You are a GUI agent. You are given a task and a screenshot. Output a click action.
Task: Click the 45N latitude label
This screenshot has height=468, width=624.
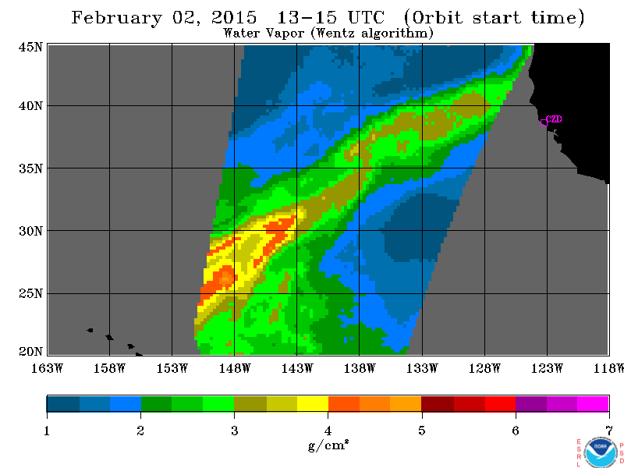click(30, 48)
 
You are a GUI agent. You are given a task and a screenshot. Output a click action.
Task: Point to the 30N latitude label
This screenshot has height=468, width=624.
click(30, 231)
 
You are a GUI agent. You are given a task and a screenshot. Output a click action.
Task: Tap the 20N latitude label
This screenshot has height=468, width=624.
click(30, 352)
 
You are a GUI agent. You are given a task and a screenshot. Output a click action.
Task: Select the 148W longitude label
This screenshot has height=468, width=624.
click(235, 368)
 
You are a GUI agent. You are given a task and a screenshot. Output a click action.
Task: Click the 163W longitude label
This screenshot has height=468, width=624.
click(47, 368)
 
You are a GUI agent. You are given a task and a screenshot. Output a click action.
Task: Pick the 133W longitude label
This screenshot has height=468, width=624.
click(422, 368)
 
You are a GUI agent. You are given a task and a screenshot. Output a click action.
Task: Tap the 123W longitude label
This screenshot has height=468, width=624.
click(547, 368)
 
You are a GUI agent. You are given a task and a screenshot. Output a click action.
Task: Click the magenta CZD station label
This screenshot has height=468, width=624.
click(554, 119)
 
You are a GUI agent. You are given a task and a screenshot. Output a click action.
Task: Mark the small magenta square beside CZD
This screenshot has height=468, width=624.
click(544, 122)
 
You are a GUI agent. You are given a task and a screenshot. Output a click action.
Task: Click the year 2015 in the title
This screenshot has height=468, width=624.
click(234, 17)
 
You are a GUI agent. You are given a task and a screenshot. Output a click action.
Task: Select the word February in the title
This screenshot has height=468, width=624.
click(116, 18)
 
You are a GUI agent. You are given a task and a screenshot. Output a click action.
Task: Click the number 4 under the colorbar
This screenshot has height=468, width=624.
click(328, 431)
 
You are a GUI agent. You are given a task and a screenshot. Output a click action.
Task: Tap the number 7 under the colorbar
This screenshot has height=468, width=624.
click(609, 431)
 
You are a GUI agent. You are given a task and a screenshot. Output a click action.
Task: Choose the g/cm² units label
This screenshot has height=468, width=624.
click(328, 445)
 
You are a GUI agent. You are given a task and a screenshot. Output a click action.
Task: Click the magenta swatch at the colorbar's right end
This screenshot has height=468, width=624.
click(593, 403)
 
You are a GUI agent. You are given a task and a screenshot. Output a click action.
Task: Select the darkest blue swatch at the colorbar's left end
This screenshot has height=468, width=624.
click(63, 403)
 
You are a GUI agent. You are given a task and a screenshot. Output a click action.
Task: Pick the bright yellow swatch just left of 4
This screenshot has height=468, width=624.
click(313, 403)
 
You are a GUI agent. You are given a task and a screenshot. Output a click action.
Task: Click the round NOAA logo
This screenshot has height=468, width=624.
click(601, 453)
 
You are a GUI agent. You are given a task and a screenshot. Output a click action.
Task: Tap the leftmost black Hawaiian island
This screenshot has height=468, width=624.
click(90, 330)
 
